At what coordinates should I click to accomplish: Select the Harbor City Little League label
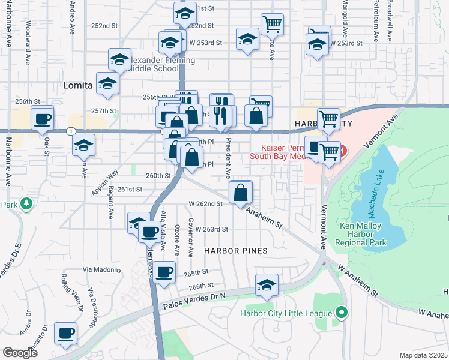(x=286, y=313)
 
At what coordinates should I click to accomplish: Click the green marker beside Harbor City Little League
(x=342, y=313)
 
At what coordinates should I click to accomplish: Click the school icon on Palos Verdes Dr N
(x=267, y=286)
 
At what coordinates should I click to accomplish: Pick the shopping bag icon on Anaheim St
(x=240, y=193)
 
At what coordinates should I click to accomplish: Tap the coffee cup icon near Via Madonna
(x=164, y=272)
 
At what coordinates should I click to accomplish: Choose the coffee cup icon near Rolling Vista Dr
(x=65, y=333)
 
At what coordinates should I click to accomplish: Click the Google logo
(x=20, y=353)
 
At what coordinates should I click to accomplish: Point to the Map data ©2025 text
(x=424, y=355)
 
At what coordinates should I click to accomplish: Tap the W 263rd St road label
(x=208, y=229)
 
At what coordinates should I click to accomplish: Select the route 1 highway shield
(x=71, y=131)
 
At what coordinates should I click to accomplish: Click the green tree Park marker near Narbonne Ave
(x=26, y=205)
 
